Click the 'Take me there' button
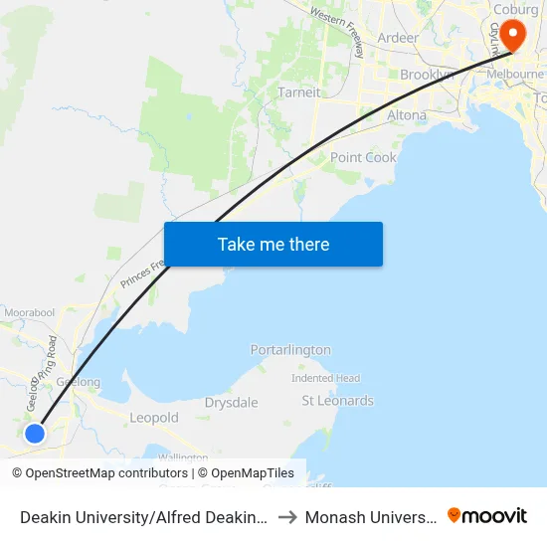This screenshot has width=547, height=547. pyautogui.click(x=273, y=244)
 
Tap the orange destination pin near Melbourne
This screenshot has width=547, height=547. pyautogui.click(x=513, y=36)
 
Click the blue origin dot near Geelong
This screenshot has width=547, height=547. pyautogui.click(x=35, y=434)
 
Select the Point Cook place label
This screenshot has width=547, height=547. pyautogui.click(x=363, y=157)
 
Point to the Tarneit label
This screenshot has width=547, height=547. pyautogui.click(x=298, y=92)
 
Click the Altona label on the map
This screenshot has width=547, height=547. pyautogui.click(x=406, y=115)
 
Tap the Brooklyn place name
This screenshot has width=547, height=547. pyautogui.click(x=427, y=75)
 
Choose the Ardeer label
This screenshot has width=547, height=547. pyautogui.click(x=398, y=38)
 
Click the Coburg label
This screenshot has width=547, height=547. pyautogui.click(x=514, y=10)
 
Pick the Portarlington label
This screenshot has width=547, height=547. pyautogui.click(x=290, y=350)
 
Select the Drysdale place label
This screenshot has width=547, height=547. pyautogui.click(x=231, y=403)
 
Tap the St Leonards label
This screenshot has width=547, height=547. pyautogui.click(x=337, y=401)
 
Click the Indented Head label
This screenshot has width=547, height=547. pyautogui.click(x=325, y=378)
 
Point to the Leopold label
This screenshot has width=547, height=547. pyautogui.click(x=154, y=418)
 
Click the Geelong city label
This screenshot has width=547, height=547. pyautogui.click(x=79, y=382)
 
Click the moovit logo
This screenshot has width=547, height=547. pyautogui.click(x=487, y=516)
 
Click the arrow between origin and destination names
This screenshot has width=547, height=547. pyautogui.click(x=285, y=517)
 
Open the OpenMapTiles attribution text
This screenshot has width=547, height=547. pyautogui.click(x=246, y=473)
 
